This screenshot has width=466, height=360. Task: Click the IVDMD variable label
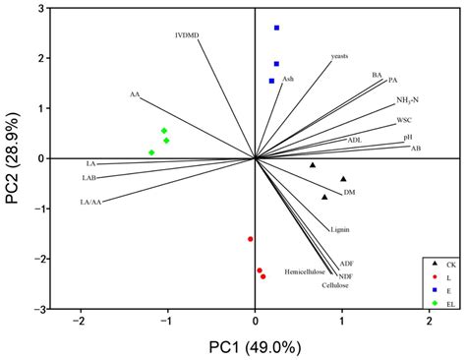(x=187, y=36)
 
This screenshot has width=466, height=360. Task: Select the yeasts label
(x=339, y=56)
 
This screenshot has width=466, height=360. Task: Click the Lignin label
(x=340, y=228)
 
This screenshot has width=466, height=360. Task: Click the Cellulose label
(x=334, y=285)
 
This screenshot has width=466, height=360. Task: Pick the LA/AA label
(x=90, y=202)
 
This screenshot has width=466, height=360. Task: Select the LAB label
(x=87, y=179)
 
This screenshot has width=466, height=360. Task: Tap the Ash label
(x=287, y=77)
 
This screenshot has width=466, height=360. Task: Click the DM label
(x=349, y=193)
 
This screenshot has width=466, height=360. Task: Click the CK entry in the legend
(x=448, y=264)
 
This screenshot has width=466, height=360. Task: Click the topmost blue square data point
(x=276, y=29)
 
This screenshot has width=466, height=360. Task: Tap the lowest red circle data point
(x=263, y=276)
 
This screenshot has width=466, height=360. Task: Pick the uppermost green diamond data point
(x=164, y=131)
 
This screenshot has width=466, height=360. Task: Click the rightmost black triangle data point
(x=343, y=179)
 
